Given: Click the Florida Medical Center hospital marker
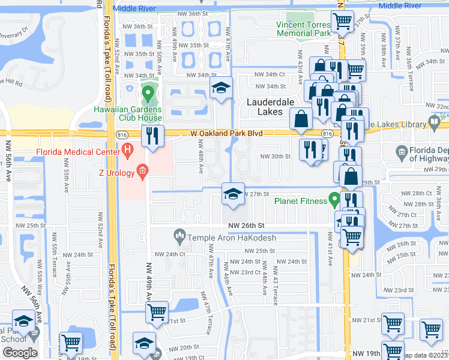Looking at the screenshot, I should pyautogui.click(x=127, y=149).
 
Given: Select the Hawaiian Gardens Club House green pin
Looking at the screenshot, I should pyautogui.click(x=148, y=94).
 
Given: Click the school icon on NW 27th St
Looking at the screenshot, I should pyautogui.click(x=232, y=194).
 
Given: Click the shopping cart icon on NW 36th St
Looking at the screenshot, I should pyautogui.click(x=342, y=22).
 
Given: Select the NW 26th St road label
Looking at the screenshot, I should pyautogui.click(x=247, y=225).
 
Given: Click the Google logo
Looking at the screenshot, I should pyautogui.click(x=20, y=353).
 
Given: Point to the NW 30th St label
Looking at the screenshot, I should pyautogui.click(x=275, y=157).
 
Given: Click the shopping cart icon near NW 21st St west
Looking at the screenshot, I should pyautogui.click(x=157, y=312).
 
